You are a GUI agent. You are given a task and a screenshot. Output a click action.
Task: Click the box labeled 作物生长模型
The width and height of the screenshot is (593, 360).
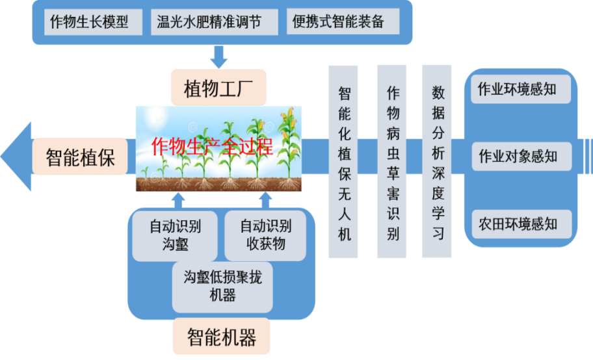click(x=90, y=22)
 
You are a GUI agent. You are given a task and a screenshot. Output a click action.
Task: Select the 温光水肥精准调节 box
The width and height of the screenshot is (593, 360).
click(x=209, y=22)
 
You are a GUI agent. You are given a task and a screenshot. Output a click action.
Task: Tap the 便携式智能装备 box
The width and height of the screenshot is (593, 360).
click(x=334, y=22)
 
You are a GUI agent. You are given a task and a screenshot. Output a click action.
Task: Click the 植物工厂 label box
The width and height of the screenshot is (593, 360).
click(x=218, y=87)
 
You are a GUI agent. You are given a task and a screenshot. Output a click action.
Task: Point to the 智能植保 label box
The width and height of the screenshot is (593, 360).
click(x=81, y=157)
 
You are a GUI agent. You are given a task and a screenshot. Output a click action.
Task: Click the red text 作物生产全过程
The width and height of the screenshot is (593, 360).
click(x=211, y=146)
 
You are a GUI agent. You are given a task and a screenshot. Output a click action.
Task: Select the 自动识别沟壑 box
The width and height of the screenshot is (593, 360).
click(x=175, y=235)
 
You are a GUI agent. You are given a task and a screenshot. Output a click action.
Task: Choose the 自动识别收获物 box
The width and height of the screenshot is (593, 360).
click(x=265, y=235)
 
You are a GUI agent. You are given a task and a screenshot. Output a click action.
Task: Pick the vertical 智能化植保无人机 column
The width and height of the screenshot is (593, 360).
click(x=343, y=162)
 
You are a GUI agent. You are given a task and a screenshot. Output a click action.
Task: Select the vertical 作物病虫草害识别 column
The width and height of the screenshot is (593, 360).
click(x=392, y=162)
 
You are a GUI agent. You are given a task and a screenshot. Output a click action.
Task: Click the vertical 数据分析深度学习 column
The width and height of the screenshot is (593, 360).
click(x=438, y=162)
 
